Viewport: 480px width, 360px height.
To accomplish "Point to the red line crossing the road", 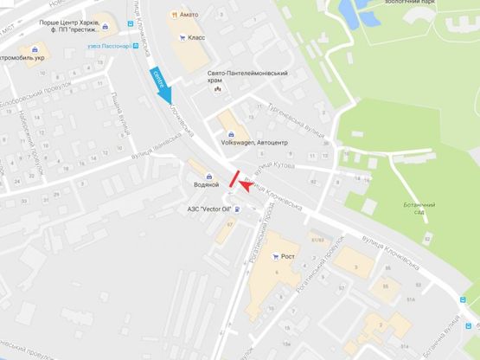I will click(x=234, y=178).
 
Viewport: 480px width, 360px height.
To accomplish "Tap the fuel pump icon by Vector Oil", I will click(x=238, y=209).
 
